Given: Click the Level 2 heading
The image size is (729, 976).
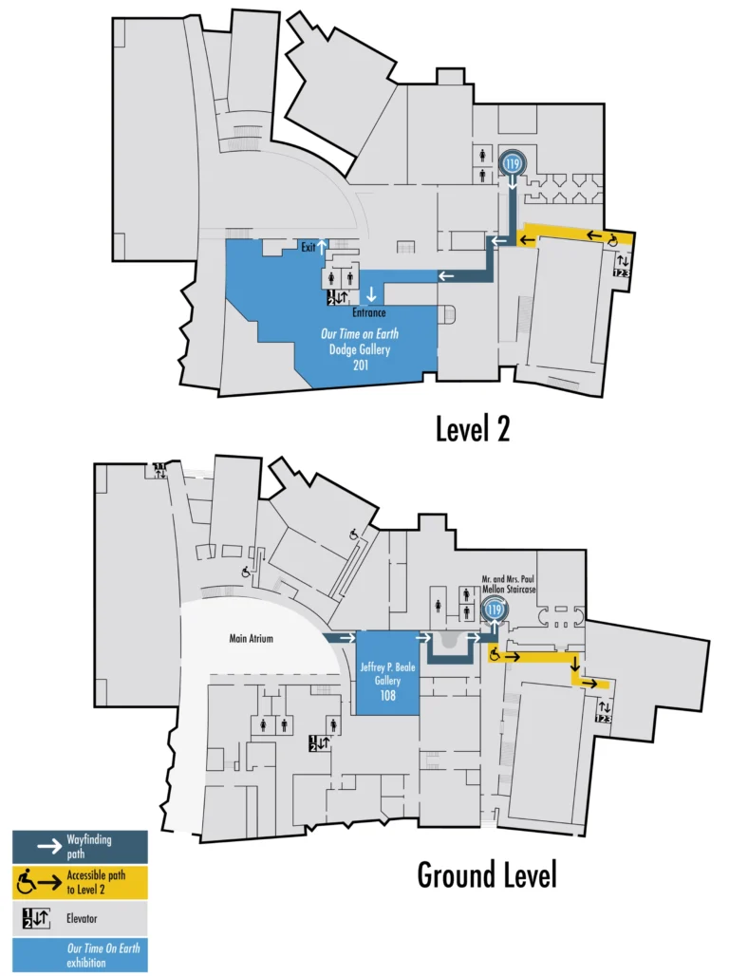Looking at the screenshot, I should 473,428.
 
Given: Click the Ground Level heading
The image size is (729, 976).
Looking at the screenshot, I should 487,874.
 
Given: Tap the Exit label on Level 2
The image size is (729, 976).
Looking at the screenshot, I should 308,247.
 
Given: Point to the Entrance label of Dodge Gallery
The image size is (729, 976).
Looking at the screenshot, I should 369,312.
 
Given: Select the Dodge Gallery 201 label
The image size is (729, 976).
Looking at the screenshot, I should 359,349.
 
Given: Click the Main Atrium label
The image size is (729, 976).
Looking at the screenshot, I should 251,639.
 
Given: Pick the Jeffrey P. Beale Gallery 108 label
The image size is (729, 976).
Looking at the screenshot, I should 387,681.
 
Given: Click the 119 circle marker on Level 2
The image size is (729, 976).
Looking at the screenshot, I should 514,163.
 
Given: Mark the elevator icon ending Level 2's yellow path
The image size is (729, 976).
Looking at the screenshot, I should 622,265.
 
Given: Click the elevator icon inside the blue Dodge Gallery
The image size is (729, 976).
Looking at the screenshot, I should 337,298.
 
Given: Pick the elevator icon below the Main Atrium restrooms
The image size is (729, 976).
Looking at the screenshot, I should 319,742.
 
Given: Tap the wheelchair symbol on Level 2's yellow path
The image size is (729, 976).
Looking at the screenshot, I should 613,241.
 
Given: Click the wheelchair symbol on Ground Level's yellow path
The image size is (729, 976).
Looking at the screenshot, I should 495,655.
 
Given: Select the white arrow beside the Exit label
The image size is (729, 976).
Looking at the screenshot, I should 323,246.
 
